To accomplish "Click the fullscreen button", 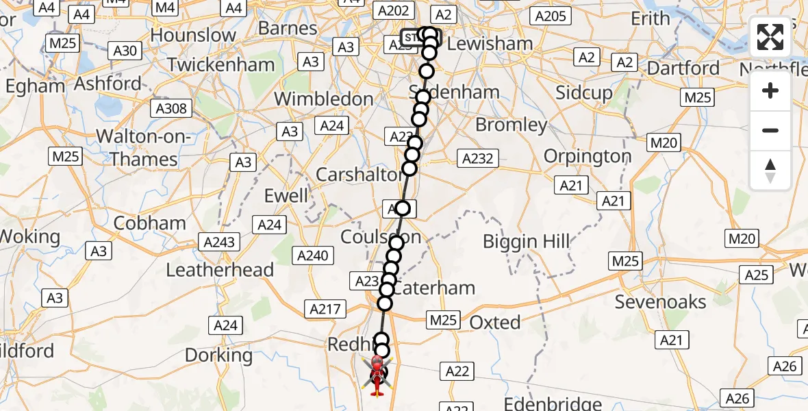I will tap(770, 37).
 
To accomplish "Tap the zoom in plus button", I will tap(770, 91).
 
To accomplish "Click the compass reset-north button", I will tap(770, 171).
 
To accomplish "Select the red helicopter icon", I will tap(377, 375).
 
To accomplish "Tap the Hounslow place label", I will tap(193, 35).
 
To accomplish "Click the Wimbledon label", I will tap(324, 99).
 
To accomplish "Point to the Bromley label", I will tap(511, 125).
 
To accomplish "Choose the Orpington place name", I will tap(587, 156).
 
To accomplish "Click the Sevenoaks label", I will tap(660, 301).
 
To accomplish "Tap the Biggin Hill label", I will tap(526, 241).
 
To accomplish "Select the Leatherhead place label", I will tap(220, 270).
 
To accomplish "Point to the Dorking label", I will tap(219, 356).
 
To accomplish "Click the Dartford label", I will tap(683, 68).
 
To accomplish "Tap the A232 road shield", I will tap(477, 159).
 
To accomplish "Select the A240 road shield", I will tap(312, 256).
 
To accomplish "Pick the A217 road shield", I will tap(325, 310).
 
